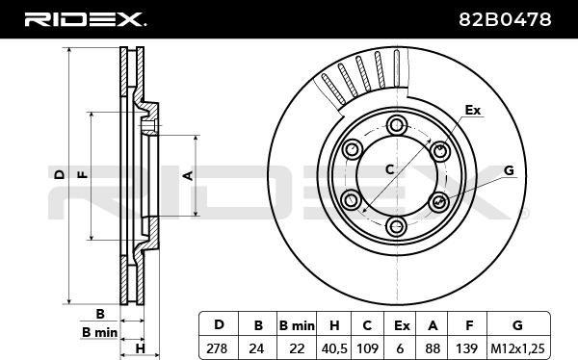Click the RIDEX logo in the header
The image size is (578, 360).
85,19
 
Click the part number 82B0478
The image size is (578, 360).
505,19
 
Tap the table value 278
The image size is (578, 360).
217,347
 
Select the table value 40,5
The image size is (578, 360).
333,348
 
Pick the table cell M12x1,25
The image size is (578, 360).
517,348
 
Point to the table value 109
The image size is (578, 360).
368,347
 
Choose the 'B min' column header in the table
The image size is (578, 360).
297,325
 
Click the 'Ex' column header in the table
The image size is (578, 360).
402,325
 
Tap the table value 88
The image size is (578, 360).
432,347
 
